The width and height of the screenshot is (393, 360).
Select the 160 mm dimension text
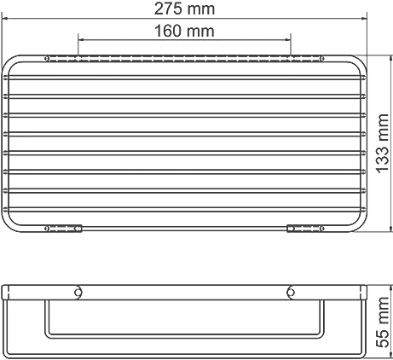(185, 31)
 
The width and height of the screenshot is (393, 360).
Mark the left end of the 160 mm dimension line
(78, 38)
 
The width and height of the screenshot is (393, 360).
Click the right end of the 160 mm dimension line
(292, 38)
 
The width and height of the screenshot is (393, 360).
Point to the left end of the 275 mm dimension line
(3, 18)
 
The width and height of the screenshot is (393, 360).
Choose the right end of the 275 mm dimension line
(367, 18)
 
